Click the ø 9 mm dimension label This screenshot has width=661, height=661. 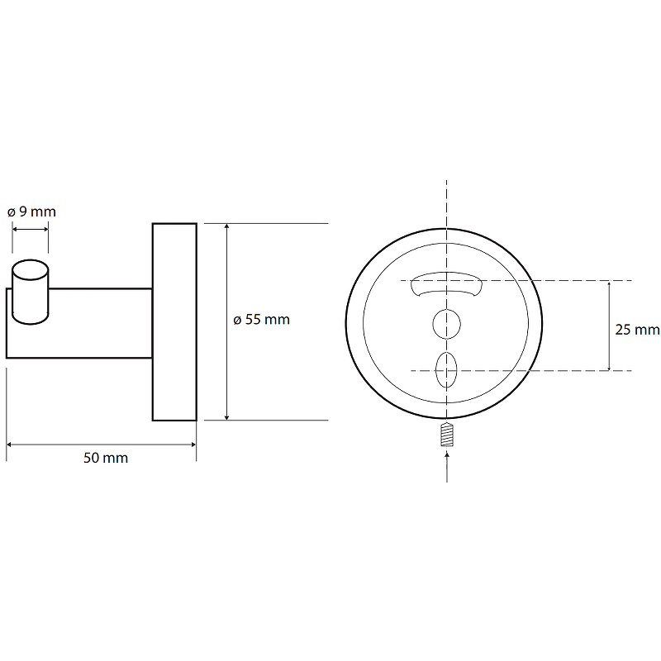[31, 212]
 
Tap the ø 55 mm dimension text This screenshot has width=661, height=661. [262, 320]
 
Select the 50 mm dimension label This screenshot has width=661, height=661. [106, 458]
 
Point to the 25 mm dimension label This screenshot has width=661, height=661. [637, 330]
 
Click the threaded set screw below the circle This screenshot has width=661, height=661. [447, 435]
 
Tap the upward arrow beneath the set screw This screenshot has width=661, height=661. [447, 467]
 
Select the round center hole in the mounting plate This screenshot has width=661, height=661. [447, 324]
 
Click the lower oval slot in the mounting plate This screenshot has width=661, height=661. [446, 369]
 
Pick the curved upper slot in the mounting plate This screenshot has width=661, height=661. [446, 283]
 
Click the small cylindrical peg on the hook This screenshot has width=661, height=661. [30, 292]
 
